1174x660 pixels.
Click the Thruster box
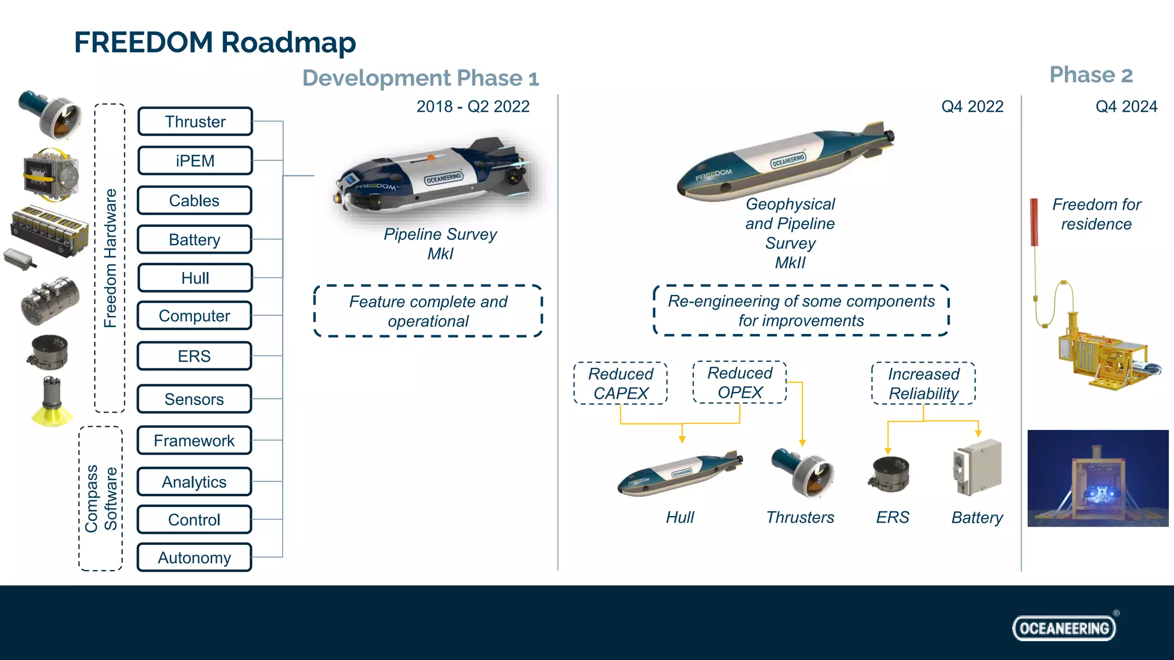(x=195, y=121)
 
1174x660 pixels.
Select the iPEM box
(x=195, y=160)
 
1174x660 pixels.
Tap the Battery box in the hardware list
(x=194, y=239)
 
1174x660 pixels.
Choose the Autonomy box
(x=194, y=557)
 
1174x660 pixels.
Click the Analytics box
(x=194, y=482)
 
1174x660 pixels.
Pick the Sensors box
(x=194, y=399)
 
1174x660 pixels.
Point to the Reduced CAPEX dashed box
(x=620, y=383)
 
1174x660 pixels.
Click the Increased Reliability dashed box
(x=923, y=383)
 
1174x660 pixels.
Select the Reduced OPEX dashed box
(x=739, y=382)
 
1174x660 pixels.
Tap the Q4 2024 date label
(x=1126, y=107)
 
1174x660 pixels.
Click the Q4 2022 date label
(x=972, y=107)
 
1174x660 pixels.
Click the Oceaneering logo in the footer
(x=1064, y=628)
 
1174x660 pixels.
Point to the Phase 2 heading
(x=1091, y=75)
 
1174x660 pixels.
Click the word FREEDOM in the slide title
(x=143, y=42)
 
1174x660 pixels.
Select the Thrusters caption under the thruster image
(x=800, y=517)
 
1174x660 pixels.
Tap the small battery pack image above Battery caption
(x=977, y=467)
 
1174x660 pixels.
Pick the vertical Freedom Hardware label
(x=110, y=258)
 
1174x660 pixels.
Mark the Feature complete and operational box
(x=428, y=311)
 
